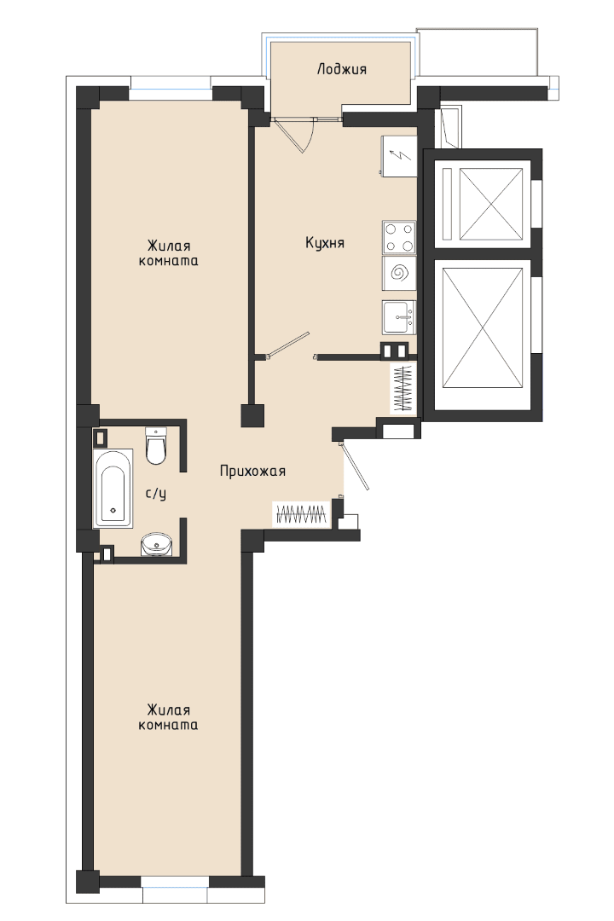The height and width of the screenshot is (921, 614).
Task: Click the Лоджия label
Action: point(341,69)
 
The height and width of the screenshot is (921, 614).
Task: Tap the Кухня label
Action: point(324,242)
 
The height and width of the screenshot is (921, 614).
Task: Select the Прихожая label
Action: point(252,471)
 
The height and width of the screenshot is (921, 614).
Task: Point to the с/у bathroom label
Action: point(156,494)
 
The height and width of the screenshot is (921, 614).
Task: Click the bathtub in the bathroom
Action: point(113,489)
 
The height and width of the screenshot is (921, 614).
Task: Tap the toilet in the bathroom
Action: point(156,445)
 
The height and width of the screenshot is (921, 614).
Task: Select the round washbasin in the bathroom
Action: point(156,544)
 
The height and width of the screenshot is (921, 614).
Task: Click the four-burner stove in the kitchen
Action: point(399,237)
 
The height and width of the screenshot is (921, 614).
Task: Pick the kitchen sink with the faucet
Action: point(399,317)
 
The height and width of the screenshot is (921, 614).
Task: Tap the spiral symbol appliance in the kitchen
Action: point(399,273)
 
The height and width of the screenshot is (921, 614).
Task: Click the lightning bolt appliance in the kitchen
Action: point(399,156)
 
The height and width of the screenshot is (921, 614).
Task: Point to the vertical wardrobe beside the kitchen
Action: point(403,388)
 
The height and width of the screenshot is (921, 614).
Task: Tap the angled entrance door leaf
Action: point(355,466)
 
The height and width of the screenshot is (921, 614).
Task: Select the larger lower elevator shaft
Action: point(483,327)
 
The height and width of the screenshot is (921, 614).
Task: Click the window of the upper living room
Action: point(171,94)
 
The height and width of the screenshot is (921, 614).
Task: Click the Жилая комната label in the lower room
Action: point(168,717)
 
